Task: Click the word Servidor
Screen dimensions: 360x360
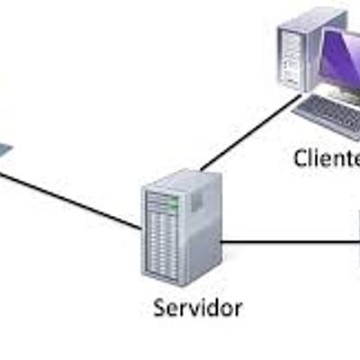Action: pyautogui.click(x=197, y=308)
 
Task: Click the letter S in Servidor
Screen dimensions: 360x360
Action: pyautogui.click(x=157, y=308)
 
